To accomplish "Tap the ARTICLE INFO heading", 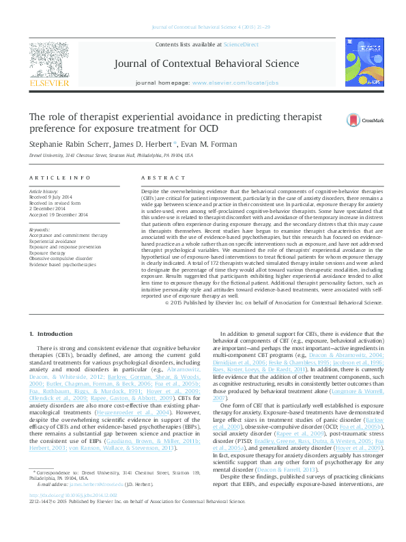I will [x=59, y=177].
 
